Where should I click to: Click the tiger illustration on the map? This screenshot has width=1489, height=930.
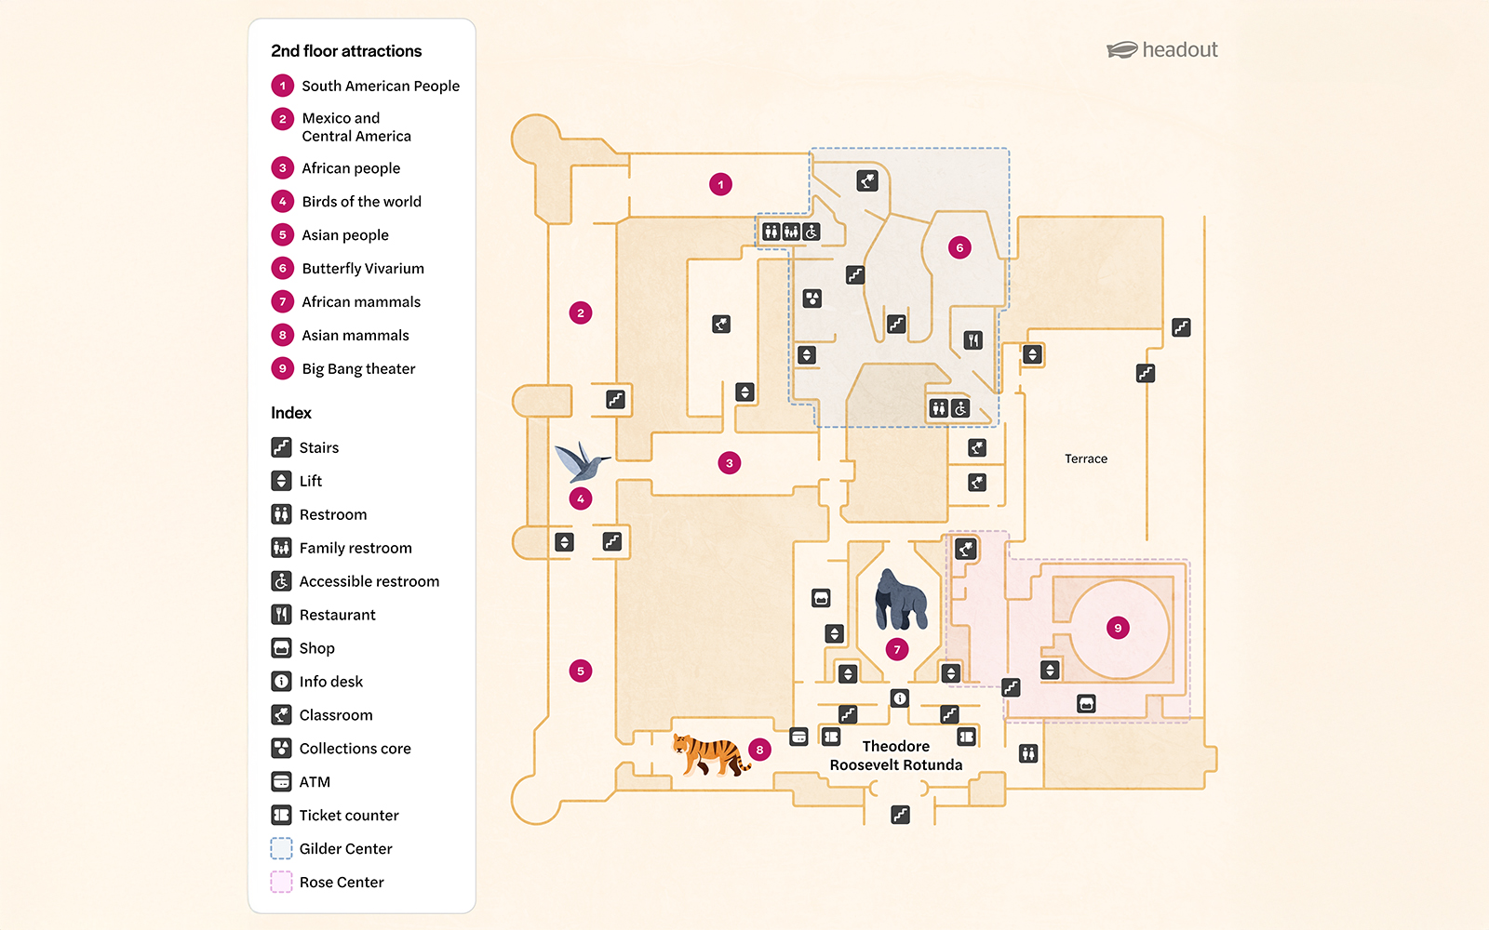click(710, 753)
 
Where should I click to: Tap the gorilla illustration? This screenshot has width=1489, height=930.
click(900, 600)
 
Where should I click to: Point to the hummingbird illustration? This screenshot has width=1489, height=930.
click(581, 461)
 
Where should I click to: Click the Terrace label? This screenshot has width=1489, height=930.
click(1086, 458)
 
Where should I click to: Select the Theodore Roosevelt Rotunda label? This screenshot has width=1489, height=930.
click(895, 755)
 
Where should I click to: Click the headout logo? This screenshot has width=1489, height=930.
click(1162, 50)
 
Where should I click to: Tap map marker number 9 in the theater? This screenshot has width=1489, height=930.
click(1118, 628)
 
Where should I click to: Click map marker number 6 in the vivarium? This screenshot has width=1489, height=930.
click(959, 247)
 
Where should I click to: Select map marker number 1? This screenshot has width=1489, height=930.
click(720, 184)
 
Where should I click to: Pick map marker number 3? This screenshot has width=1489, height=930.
click(730, 462)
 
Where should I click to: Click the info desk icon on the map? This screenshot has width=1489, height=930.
click(899, 698)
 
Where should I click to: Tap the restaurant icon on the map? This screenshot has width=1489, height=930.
click(973, 339)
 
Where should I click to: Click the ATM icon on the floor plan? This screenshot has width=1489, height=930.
click(798, 737)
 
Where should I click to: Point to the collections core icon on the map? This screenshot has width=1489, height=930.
click(812, 299)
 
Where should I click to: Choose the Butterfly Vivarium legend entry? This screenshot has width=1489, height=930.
click(362, 269)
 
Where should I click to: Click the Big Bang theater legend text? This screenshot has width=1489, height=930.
click(358, 369)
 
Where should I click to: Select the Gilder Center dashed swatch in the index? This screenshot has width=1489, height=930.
click(281, 848)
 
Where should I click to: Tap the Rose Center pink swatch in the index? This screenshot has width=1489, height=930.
click(281, 882)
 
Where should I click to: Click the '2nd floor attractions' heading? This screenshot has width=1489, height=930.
click(346, 51)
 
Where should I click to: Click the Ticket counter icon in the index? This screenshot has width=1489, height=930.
click(281, 815)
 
